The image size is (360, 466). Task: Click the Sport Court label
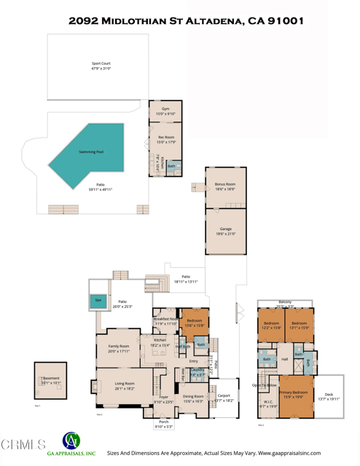click(101, 65)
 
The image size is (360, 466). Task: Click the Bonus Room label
click(225, 186)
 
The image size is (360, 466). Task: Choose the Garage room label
click(225, 232)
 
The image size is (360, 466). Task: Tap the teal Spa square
click(98, 300)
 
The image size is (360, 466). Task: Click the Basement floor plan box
click(50, 380)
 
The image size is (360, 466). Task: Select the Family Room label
click(119, 348)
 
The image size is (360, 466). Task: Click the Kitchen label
click(160, 342)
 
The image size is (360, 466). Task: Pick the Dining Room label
click(193, 398)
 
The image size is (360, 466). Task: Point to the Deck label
click(329, 397)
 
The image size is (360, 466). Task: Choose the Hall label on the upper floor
click(285, 360)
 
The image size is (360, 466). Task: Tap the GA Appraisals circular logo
click(71, 441)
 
